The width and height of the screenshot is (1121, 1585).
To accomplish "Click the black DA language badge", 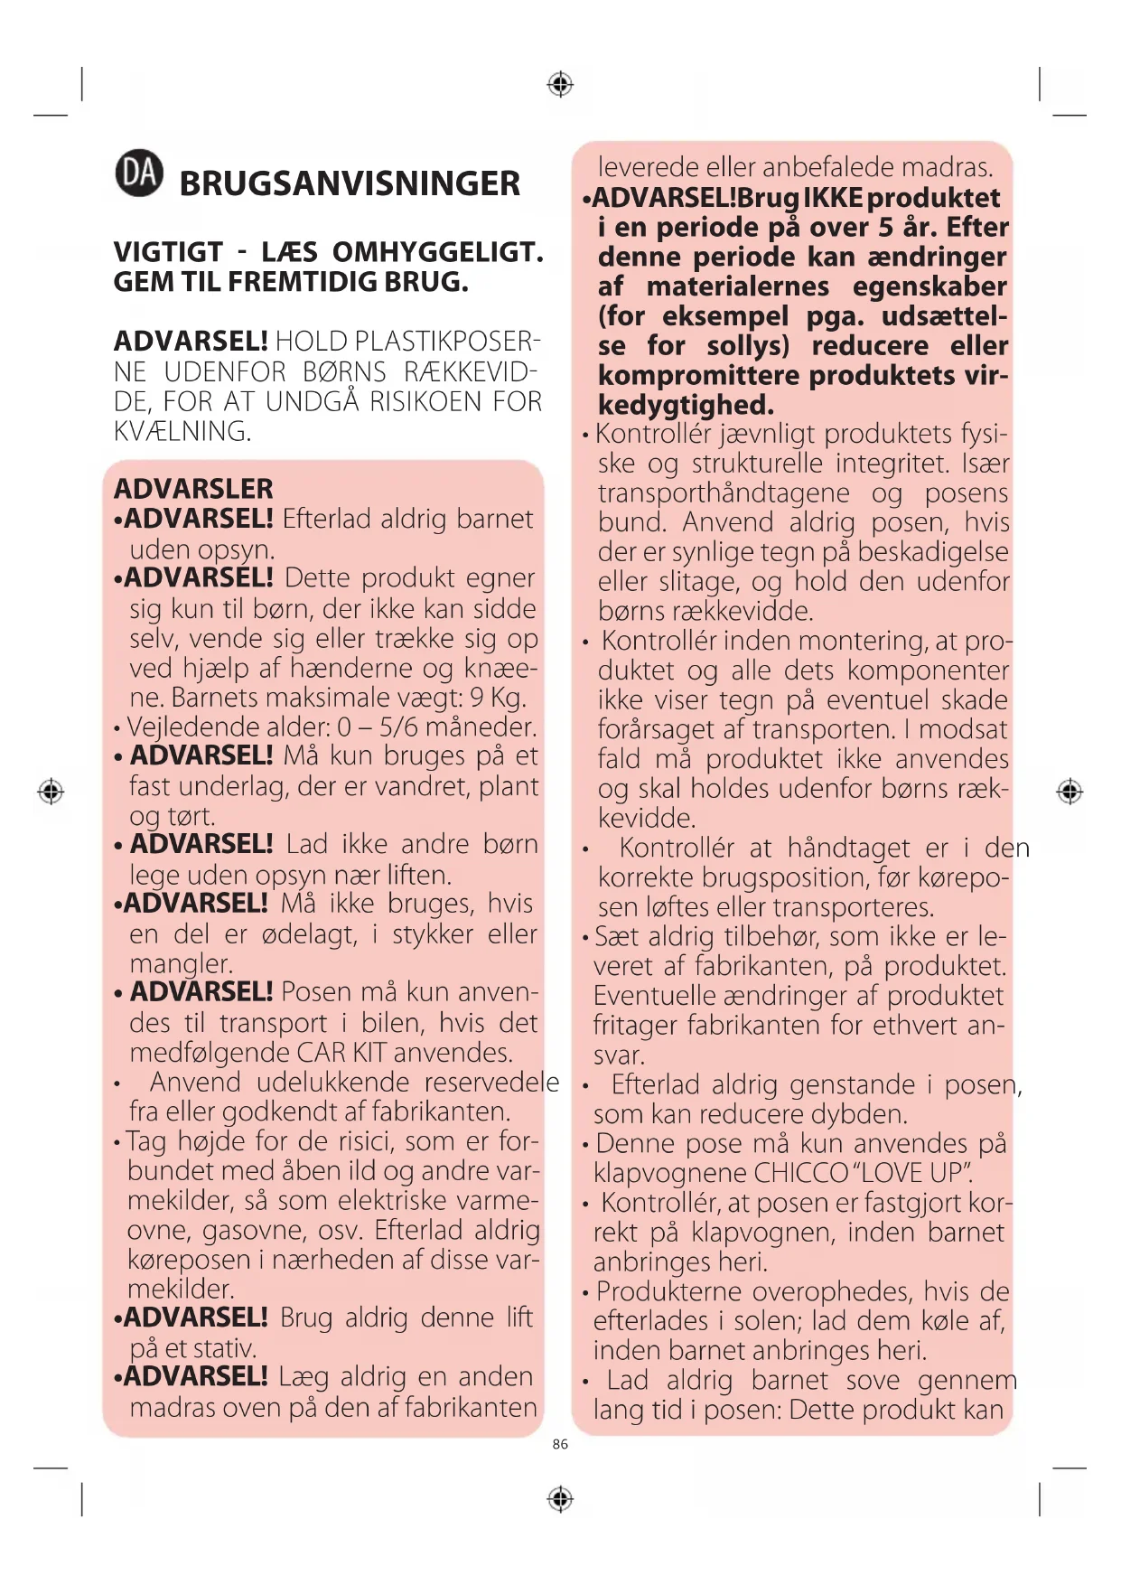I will pos(139,174).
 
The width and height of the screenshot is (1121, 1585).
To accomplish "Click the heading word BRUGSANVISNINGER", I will pos(350,183).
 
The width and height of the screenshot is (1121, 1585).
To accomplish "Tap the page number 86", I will pos(560,1444).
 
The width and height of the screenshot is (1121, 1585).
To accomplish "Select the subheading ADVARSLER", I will pos(193,489).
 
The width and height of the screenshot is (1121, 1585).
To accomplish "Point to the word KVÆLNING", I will pos(182,431).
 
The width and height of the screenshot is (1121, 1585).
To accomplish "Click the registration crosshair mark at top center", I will pos(560,84).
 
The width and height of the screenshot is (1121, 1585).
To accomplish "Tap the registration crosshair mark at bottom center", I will pos(560,1499).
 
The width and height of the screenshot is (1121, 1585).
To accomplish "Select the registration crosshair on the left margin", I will pos(51,792).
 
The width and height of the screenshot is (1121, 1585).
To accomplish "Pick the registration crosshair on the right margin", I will pos(1070,792).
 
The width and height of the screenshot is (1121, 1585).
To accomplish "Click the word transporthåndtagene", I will pos(724,493).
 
